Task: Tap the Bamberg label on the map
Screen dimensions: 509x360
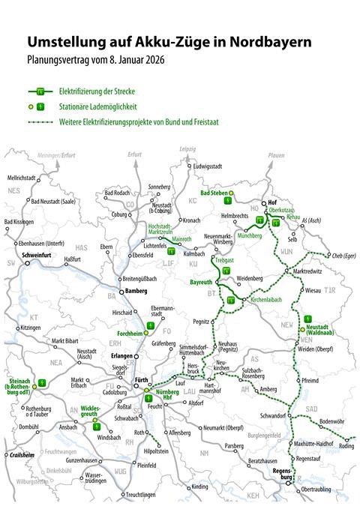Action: [135, 290]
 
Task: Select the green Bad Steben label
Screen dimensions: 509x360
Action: [214, 193]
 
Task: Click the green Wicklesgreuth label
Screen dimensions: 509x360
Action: [91, 413]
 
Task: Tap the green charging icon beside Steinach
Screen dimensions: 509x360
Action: [42, 382]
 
